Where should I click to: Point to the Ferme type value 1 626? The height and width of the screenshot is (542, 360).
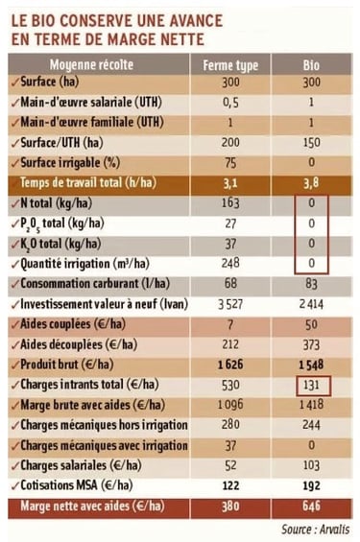230,365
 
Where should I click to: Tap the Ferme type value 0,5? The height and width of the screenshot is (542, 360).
230,103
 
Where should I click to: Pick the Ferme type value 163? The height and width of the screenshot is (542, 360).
230,203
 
